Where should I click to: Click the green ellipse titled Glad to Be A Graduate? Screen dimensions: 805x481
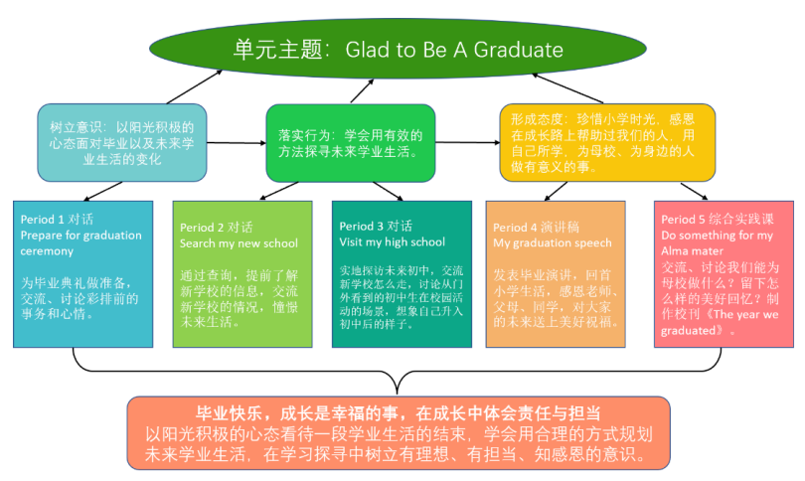pos(398,49)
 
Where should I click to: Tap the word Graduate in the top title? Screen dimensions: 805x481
pos(518,50)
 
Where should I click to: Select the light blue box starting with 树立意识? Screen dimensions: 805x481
pos(122,143)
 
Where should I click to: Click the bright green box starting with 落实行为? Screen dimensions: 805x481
pos(351,143)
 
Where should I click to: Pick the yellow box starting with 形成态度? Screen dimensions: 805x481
pos(607,143)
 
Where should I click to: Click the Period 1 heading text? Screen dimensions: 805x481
pos(57,220)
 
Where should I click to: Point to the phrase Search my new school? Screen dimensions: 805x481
pos(239,243)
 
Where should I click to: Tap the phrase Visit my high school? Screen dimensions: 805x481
pos(393,241)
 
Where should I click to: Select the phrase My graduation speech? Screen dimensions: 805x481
pos(553,242)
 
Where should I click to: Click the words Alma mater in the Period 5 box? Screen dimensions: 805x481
pos(692,251)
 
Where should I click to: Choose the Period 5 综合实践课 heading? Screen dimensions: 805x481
pos(718,220)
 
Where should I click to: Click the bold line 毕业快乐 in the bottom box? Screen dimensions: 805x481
pos(398,413)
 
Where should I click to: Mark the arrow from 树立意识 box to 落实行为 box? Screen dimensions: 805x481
pos(237,143)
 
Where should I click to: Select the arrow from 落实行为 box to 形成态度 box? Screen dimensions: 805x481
pos(468,143)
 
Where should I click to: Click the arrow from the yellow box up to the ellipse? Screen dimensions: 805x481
pos(567,88)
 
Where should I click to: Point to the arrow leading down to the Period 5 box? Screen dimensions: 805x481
pos(694,191)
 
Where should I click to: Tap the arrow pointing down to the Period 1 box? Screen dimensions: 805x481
pos(102,191)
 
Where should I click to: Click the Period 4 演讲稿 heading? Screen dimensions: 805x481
pos(536,227)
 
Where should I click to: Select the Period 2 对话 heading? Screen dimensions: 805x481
pos(216,228)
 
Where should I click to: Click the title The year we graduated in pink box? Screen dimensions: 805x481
pos(719,322)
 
